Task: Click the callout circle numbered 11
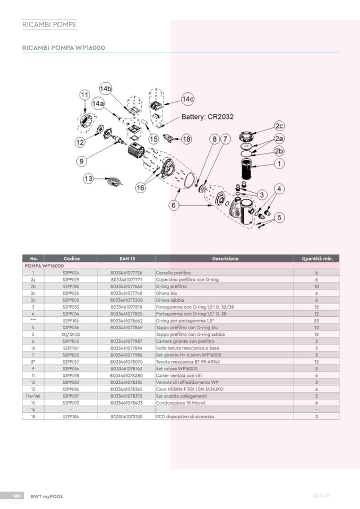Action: [x=84, y=94]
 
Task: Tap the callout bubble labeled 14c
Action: [x=188, y=99]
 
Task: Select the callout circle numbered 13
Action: [x=88, y=178]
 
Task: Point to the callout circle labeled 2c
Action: [x=279, y=126]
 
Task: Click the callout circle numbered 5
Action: [x=279, y=217]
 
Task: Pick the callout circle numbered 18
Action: [x=186, y=139]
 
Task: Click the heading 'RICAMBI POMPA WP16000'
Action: [x=63, y=48]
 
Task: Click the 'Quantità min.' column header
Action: [x=316, y=258]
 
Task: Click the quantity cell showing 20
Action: [x=316, y=321]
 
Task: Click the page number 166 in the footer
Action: [x=16, y=496]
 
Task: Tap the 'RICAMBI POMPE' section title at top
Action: [x=49, y=25]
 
